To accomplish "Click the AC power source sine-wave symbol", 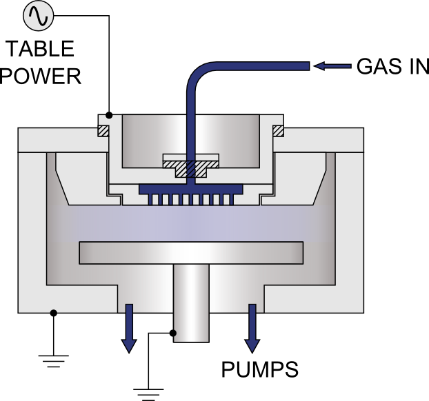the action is [x=39, y=16].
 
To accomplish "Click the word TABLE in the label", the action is [x=40, y=49].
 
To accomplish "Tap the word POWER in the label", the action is [x=41, y=76].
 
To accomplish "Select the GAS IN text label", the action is [x=392, y=66].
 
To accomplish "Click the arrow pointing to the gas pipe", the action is [x=332, y=66].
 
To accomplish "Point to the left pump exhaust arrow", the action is [x=129, y=328].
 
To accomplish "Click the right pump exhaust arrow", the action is [x=252, y=328].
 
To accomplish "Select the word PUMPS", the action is [x=259, y=369].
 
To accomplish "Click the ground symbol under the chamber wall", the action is [x=54, y=361].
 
